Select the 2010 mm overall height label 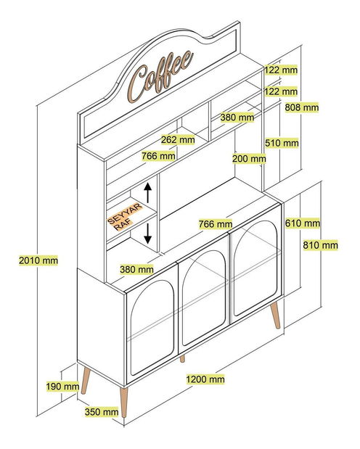(38, 260)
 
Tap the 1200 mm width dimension (205, 379)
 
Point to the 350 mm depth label (102, 412)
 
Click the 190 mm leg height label (62, 387)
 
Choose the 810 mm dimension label (321, 245)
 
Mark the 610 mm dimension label (303, 223)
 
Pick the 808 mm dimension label (302, 107)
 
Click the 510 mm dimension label (282, 143)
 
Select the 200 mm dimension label (249, 158)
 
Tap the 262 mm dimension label (178, 140)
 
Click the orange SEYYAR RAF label (125, 217)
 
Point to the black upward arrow (147, 192)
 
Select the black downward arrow (147, 234)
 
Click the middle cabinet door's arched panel (204, 298)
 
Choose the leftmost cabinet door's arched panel (152, 328)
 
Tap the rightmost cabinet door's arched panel (255, 268)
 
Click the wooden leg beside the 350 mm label (124, 403)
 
